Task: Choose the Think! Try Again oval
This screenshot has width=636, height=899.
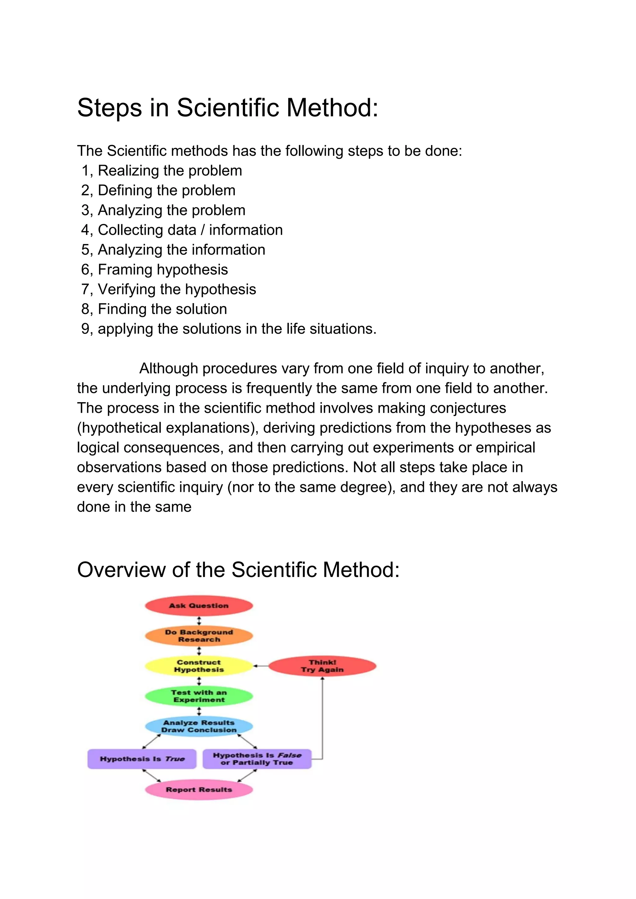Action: pyautogui.click(x=322, y=666)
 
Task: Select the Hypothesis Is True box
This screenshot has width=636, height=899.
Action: pyautogui.click(x=142, y=759)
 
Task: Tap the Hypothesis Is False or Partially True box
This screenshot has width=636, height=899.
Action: pyautogui.click(x=257, y=759)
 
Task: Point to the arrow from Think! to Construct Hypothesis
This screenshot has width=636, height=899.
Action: pyautogui.click(x=261, y=666)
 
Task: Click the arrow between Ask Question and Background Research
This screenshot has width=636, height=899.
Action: pyautogui.click(x=199, y=621)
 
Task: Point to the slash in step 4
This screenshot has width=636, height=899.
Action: pyautogui.click(x=202, y=230)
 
